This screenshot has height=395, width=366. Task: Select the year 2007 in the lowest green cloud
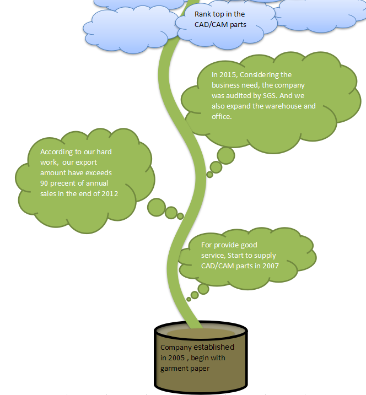(x=270, y=266)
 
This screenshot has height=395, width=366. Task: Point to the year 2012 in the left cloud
(x=109, y=193)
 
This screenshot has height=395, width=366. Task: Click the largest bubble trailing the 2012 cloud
(x=157, y=207)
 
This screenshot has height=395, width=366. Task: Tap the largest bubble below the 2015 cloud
(x=225, y=155)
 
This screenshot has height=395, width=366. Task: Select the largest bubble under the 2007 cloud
(x=203, y=289)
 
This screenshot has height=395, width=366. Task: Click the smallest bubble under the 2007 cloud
(x=189, y=299)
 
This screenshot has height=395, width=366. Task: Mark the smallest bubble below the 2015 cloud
(x=209, y=175)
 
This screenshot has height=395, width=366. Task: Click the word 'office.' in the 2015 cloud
(x=222, y=116)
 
